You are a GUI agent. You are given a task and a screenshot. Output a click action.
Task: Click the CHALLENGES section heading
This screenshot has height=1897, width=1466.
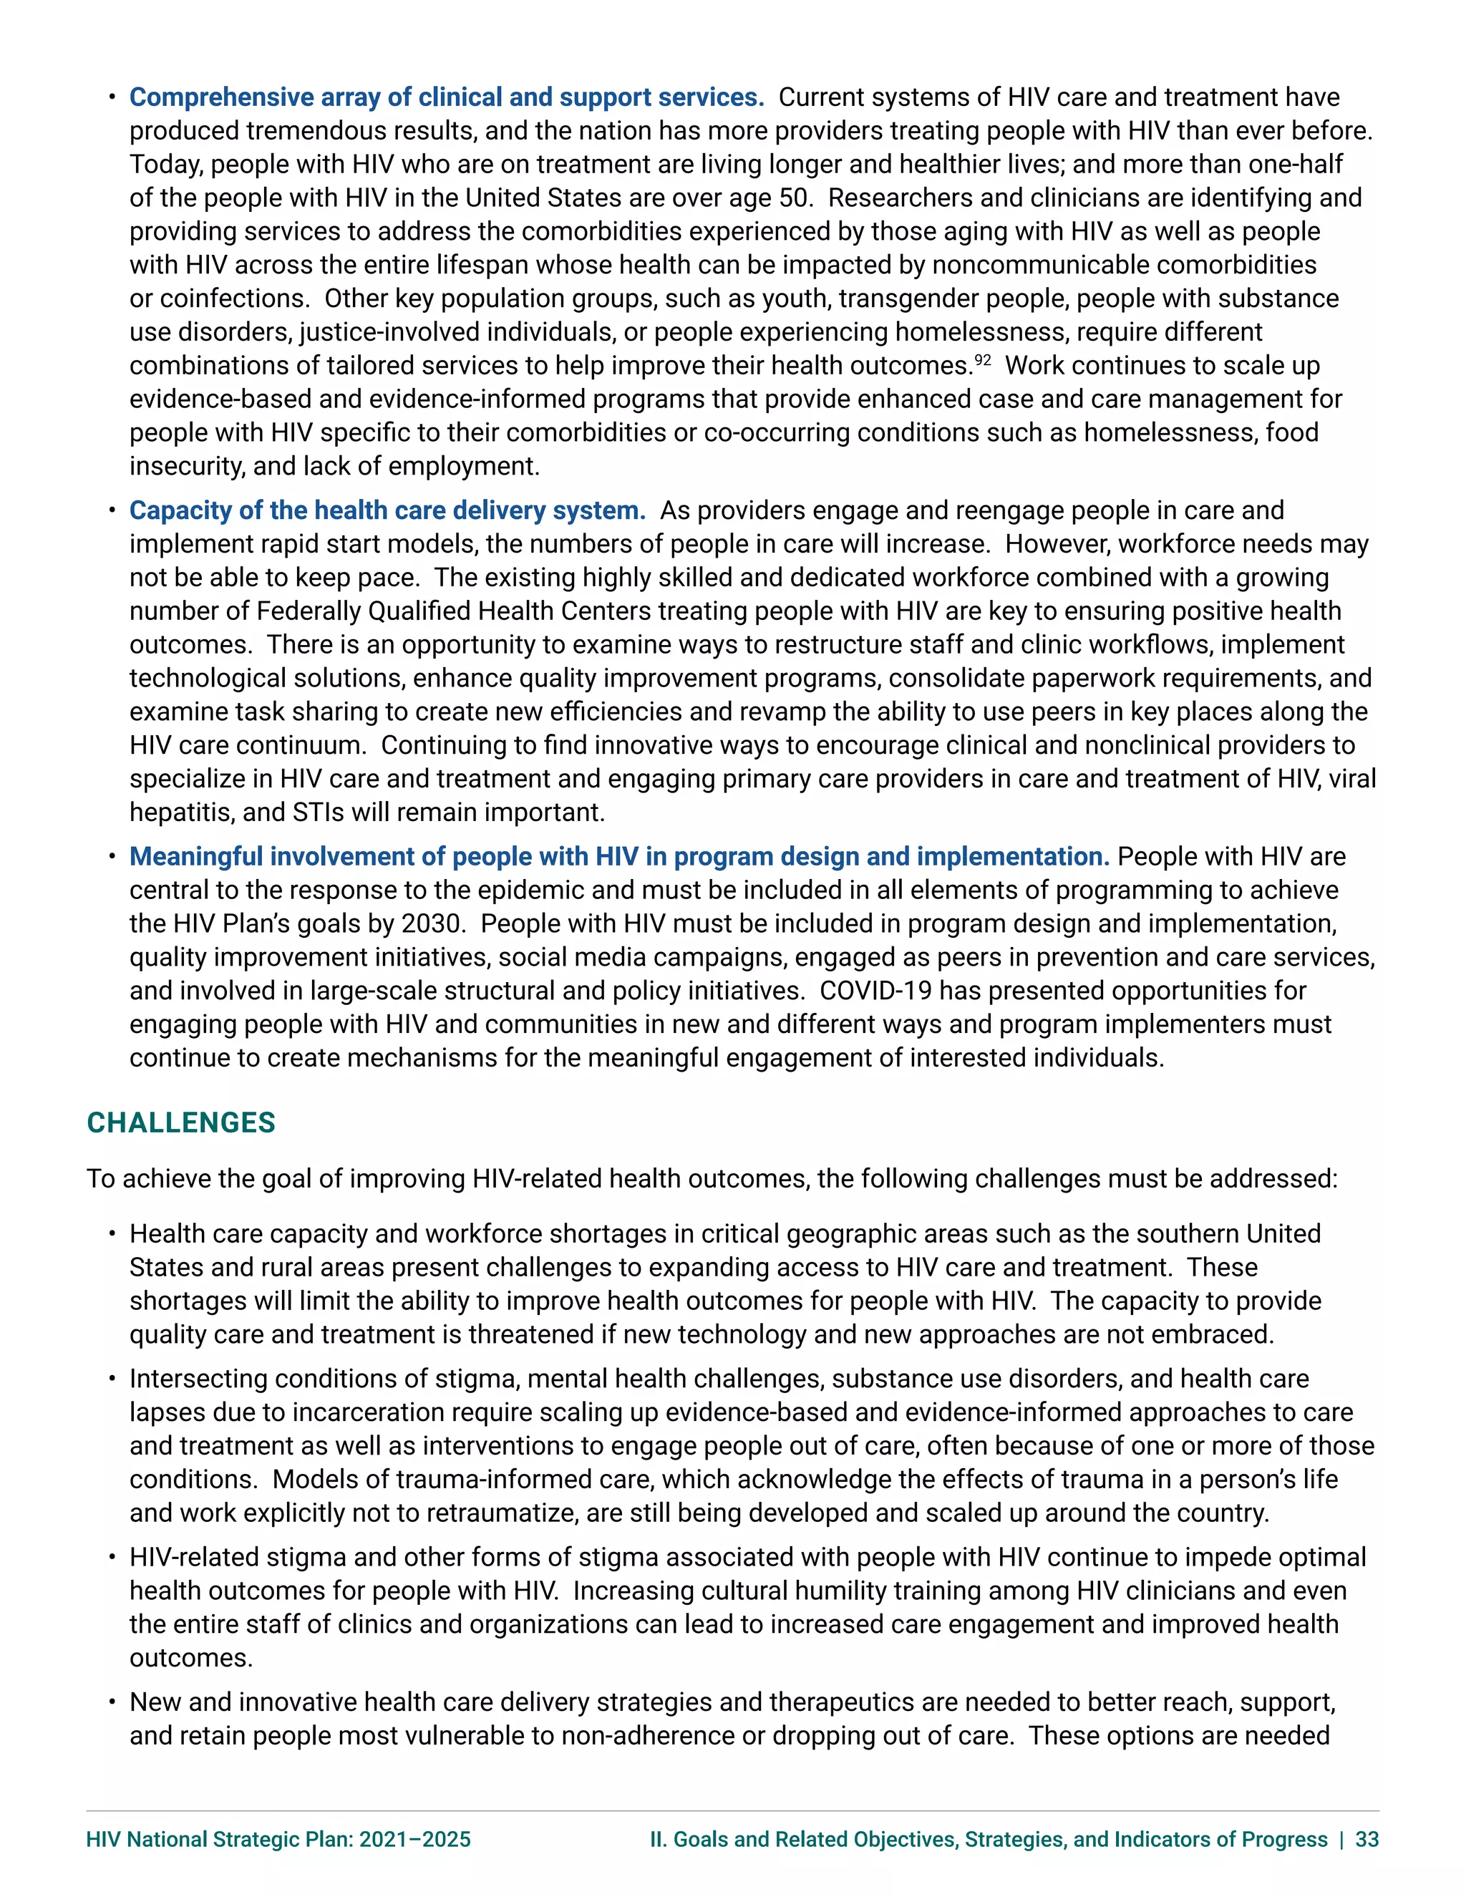[x=180, y=1122]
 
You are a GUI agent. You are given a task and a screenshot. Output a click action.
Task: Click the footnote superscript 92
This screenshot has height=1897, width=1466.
[x=982, y=359]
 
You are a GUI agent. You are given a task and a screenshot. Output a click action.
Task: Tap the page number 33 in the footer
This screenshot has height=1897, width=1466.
[x=1367, y=1839]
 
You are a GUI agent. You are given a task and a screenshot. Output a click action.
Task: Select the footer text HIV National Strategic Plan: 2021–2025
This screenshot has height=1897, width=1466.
[x=278, y=1839]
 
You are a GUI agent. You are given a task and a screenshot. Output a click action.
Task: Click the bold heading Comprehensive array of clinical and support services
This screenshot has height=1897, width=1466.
[x=447, y=97]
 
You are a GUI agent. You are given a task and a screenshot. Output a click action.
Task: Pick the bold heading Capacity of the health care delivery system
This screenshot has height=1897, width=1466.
[x=387, y=510]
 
